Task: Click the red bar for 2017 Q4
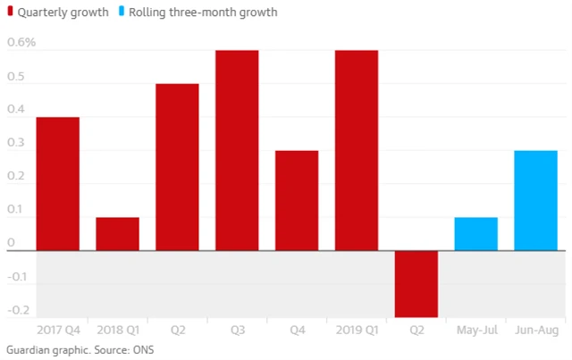[x=57, y=183]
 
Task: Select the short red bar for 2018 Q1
[x=117, y=234]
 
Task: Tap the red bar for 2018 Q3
[x=237, y=150]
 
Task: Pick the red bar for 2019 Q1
[x=356, y=150]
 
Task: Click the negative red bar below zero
[x=416, y=283]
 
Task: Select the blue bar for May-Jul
[x=475, y=234]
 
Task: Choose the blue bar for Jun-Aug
[x=535, y=200]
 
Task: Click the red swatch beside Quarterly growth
[x=9, y=13]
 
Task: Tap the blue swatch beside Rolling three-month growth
[x=122, y=13]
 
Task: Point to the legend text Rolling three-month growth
[x=203, y=13]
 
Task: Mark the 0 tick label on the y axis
[x=10, y=242]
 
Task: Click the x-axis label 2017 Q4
[x=57, y=331]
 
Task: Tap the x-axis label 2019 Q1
[x=356, y=331]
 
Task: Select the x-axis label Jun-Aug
[x=536, y=331]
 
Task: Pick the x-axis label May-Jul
[x=476, y=331]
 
